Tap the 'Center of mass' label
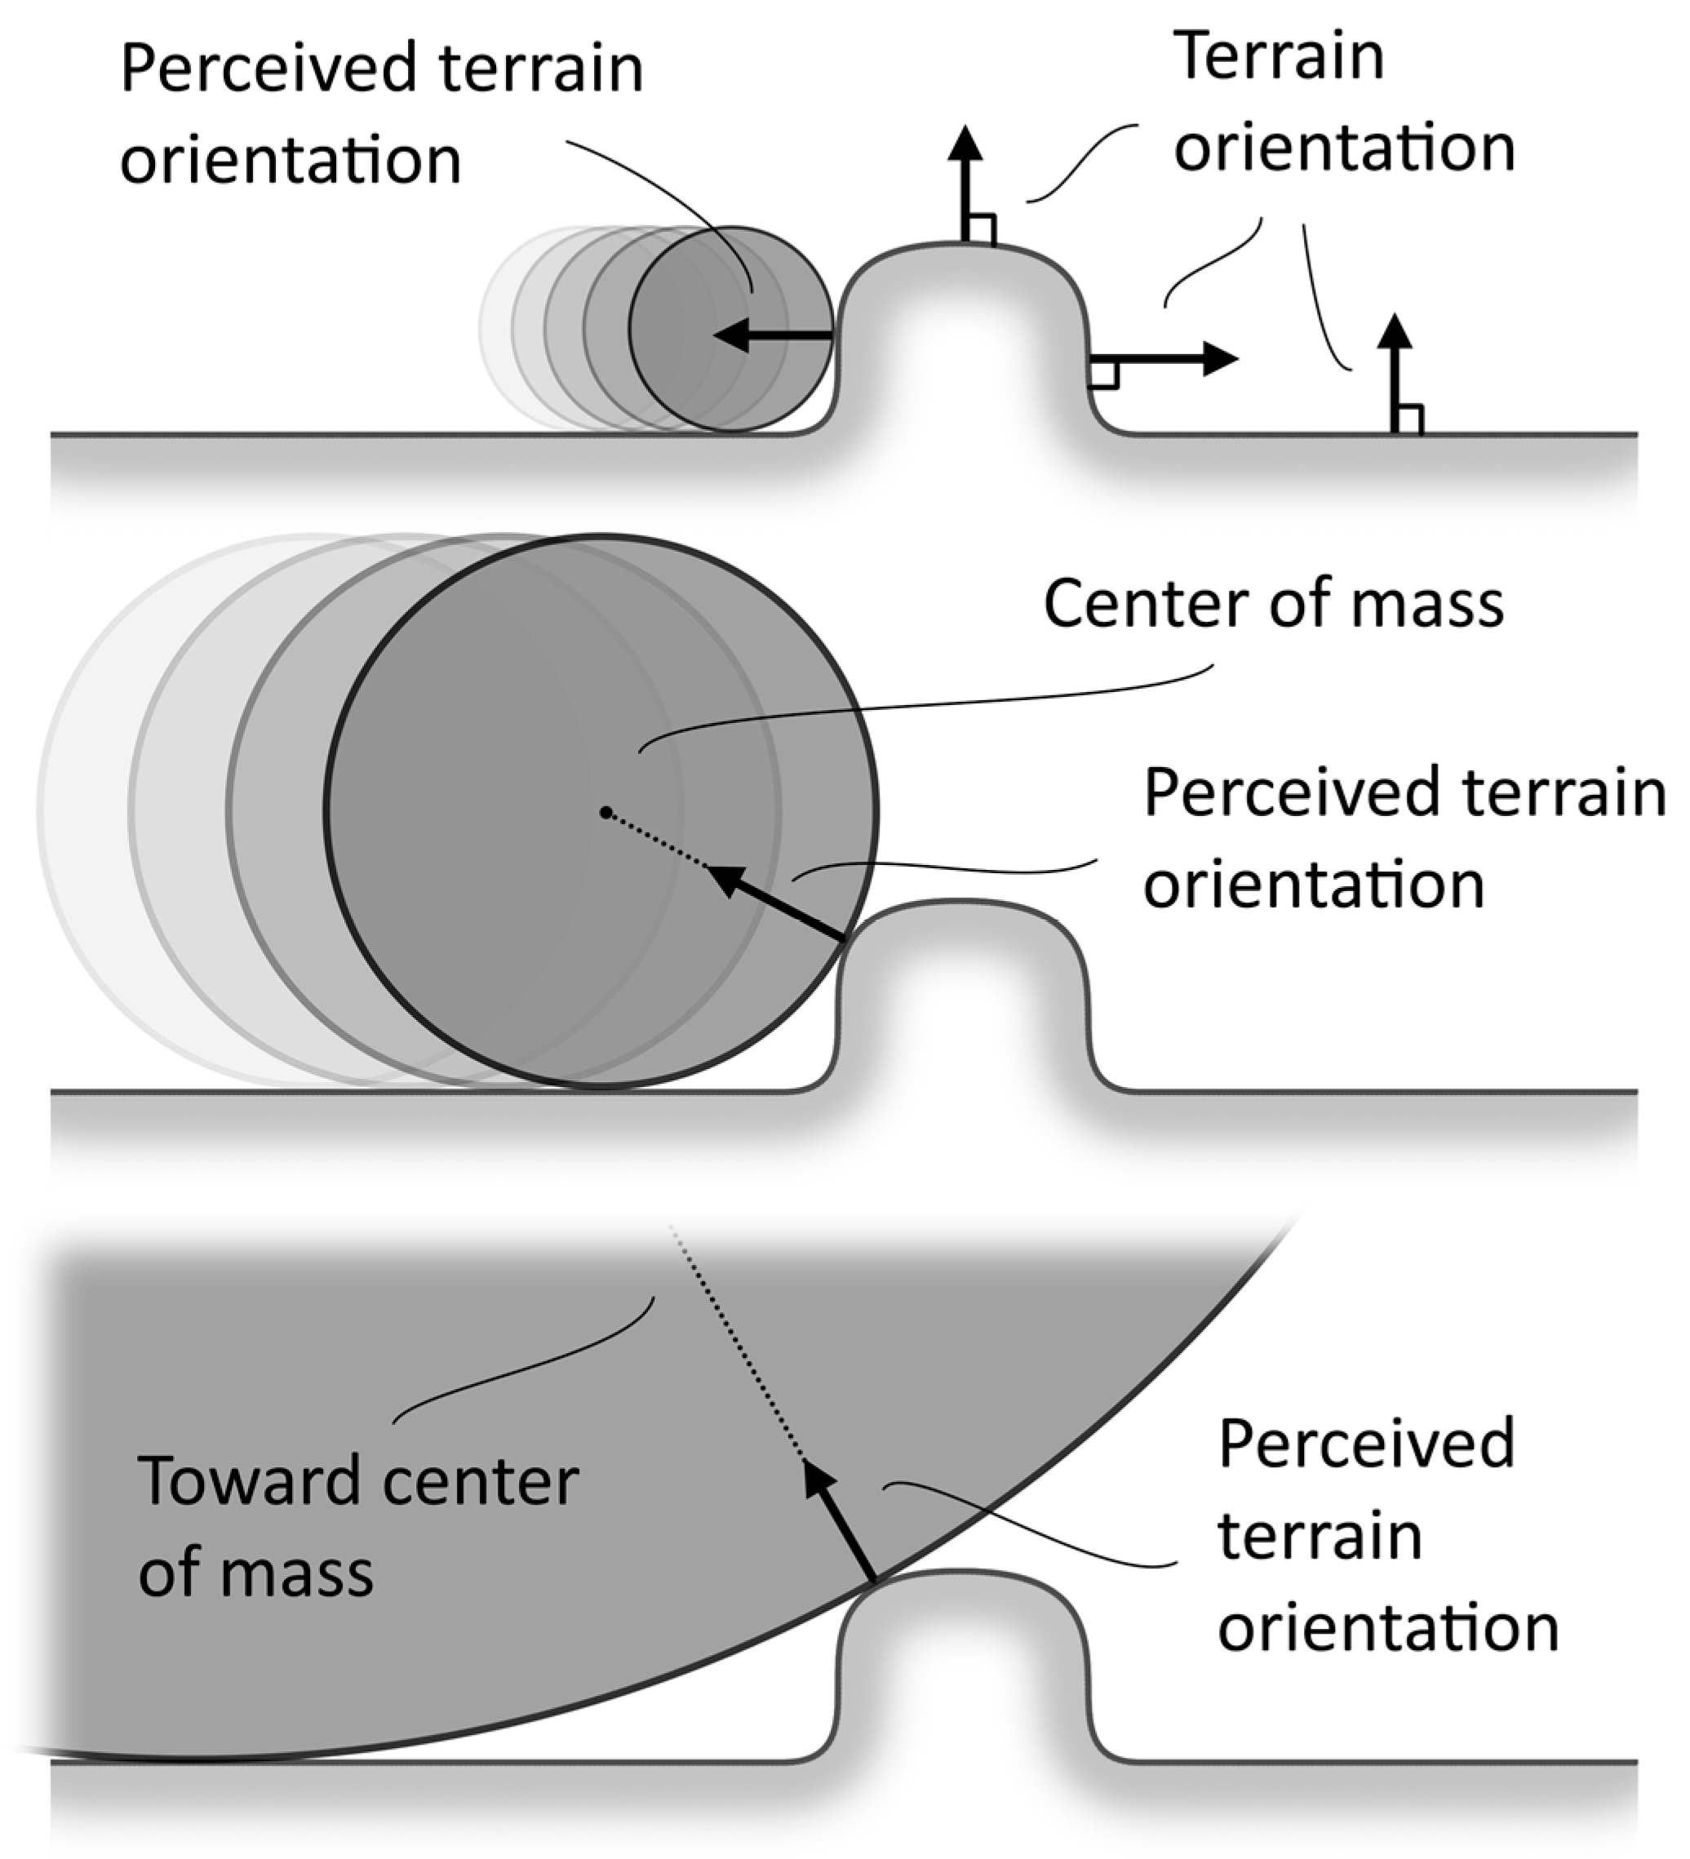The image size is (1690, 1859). tap(1273, 604)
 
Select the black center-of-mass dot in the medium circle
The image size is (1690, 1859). tap(605, 812)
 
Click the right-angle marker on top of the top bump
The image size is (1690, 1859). tap(981, 228)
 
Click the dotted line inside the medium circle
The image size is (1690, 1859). tap(656, 840)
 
